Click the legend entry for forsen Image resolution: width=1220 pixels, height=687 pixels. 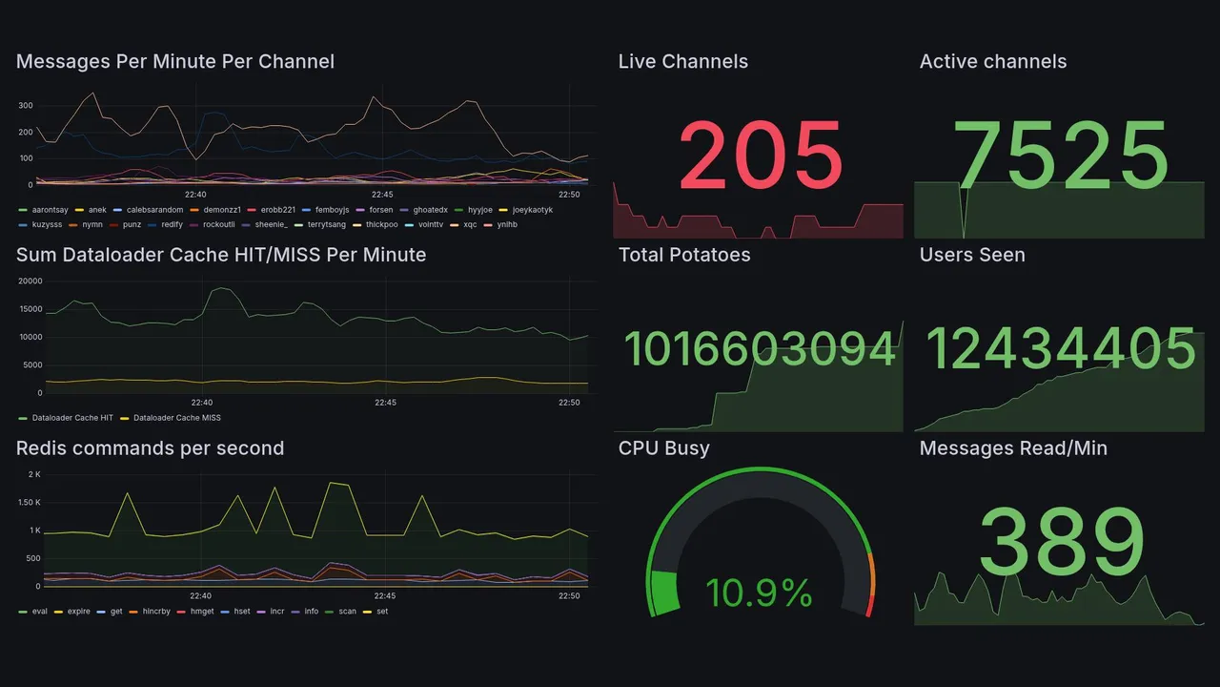pyautogui.click(x=378, y=210)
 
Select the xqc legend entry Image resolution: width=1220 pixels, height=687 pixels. pyautogui.click(x=470, y=225)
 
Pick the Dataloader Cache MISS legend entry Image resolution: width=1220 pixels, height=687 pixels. pyautogui.click(x=176, y=418)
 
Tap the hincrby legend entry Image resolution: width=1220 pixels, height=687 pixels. pyautogui.click(x=155, y=612)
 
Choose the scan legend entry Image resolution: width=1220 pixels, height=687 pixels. pyautogui.click(x=347, y=612)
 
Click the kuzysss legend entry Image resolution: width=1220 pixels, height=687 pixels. pyautogui.click(x=47, y=225)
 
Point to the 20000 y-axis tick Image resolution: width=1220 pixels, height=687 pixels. pyautogui.click(x=30, y=281)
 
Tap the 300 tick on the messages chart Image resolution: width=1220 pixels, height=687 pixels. pyautogui.click(x=25, y=106)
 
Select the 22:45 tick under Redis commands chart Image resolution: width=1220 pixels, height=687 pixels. pyautogui.click(x=385, y=596)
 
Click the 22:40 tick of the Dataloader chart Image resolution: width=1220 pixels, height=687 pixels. pyautogui.click(x=201, y=403)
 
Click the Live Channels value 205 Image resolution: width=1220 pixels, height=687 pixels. pyautogui.click(x=760, y=155)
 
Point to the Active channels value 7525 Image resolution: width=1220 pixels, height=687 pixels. pyautogui.click(x=1060, y=155)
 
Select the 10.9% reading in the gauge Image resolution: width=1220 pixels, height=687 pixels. pyautogui.click(x=759, y=593)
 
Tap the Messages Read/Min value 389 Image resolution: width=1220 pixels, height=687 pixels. pyautogui.click(x=1060, y=540)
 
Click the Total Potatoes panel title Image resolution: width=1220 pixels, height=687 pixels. pyautogui.click(x=684, y=255)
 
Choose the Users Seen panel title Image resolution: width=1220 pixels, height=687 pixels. pyautogui.click(x=972, y=255)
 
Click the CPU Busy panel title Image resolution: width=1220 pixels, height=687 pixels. pyautogui.click(x=663, y=448)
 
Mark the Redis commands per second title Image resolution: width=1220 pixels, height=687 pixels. pyautogui.click(x=150, y=448)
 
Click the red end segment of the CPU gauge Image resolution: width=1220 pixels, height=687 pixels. pyautogui.click(x=868, y=606)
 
